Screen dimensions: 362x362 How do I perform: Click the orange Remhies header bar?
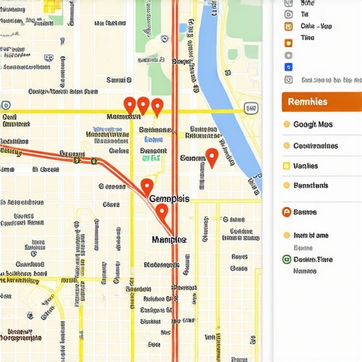[x=321, y=101]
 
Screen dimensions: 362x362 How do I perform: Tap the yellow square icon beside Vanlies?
[x=286, y=166]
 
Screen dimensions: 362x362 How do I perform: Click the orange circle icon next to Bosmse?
[x=286, y=211]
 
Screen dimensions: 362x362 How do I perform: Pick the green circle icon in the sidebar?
[x=286, y=259]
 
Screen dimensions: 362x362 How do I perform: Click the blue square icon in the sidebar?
[x=288, y=67]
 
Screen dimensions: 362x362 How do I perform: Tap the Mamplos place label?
[x=169, y=240]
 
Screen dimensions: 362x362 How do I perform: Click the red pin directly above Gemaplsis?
[x=146, y=187]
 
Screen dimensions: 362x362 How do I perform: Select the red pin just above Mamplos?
[x=162, y=211]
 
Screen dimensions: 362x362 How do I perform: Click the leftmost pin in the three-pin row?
[x=129, y=105]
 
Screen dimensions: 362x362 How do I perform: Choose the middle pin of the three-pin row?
[x=143, y=105]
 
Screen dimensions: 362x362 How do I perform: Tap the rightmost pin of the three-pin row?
[x=157, y=106]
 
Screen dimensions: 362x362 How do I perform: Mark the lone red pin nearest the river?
[x=211, y=157]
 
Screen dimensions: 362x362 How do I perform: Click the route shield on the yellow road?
[x=250, y=108]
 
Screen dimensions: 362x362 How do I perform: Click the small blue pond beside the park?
[x=183, y=28]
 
